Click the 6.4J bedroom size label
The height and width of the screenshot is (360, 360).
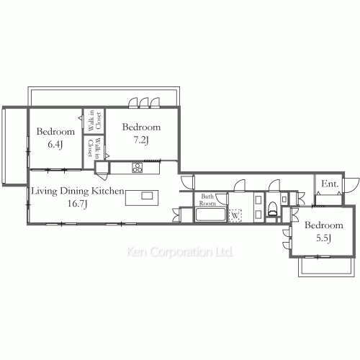55,145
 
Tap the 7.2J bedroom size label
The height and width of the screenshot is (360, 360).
141,140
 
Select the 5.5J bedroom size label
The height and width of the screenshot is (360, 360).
323,238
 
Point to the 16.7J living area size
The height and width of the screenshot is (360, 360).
77,204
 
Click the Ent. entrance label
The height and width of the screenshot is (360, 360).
330,184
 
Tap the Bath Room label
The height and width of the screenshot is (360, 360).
207,199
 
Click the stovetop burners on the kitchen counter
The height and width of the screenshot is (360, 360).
137,168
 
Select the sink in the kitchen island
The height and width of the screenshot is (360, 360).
147,196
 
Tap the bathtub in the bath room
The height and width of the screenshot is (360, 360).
210,215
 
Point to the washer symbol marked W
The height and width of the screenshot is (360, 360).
235,215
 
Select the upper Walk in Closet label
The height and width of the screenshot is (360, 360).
94,121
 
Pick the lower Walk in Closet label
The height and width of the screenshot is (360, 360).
94,148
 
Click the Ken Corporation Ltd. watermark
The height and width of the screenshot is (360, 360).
180,252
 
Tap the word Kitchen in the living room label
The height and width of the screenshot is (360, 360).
108,191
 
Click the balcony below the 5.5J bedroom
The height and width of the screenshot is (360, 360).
326,267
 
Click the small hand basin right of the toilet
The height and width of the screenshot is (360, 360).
284,199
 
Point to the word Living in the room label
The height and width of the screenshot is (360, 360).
45,192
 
